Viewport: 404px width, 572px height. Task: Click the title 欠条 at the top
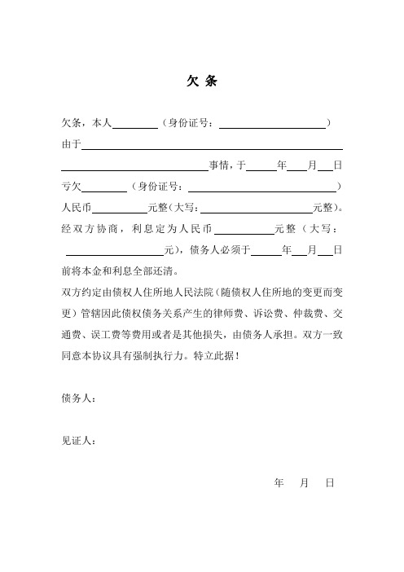[202, 82]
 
